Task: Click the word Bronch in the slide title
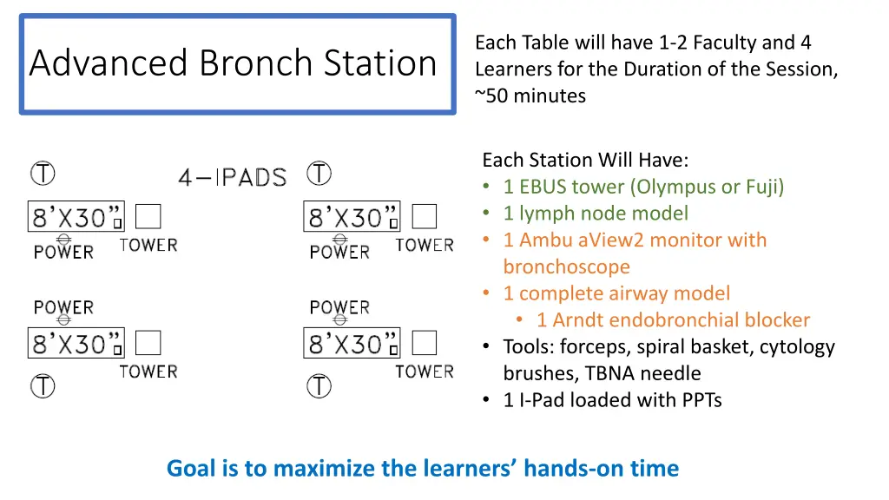(256, 62)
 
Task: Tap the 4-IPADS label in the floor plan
(233, 177)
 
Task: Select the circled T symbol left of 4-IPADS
(43, 174)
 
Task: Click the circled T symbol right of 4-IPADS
(319, 174)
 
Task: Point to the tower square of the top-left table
(148, 216)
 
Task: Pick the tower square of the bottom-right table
(424, 343)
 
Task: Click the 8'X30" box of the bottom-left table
(76, 343)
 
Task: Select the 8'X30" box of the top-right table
(352, 216)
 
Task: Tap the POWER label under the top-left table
(63, 252)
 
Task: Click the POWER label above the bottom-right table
(339, 307)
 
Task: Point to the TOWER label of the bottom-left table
(148, 372)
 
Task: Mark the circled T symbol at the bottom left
(43, 386)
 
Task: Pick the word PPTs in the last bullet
(701, 400)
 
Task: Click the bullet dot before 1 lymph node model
(486, 214)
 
